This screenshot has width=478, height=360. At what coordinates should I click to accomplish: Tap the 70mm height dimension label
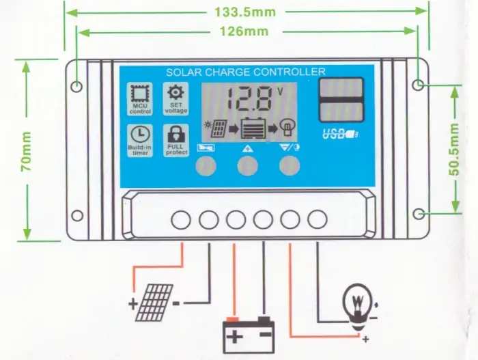25,151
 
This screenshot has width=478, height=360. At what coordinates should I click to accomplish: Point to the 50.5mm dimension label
453,150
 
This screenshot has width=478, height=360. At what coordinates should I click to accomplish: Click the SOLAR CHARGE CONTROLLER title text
245,72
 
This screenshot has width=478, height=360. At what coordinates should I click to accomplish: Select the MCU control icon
139,98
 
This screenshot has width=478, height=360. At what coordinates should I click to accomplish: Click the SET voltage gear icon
175,98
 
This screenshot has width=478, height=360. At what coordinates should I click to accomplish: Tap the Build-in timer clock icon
139,139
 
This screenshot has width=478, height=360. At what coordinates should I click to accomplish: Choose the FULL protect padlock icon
175,139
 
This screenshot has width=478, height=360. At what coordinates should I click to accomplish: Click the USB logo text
336,133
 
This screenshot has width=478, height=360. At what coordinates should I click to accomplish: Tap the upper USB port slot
340,89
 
